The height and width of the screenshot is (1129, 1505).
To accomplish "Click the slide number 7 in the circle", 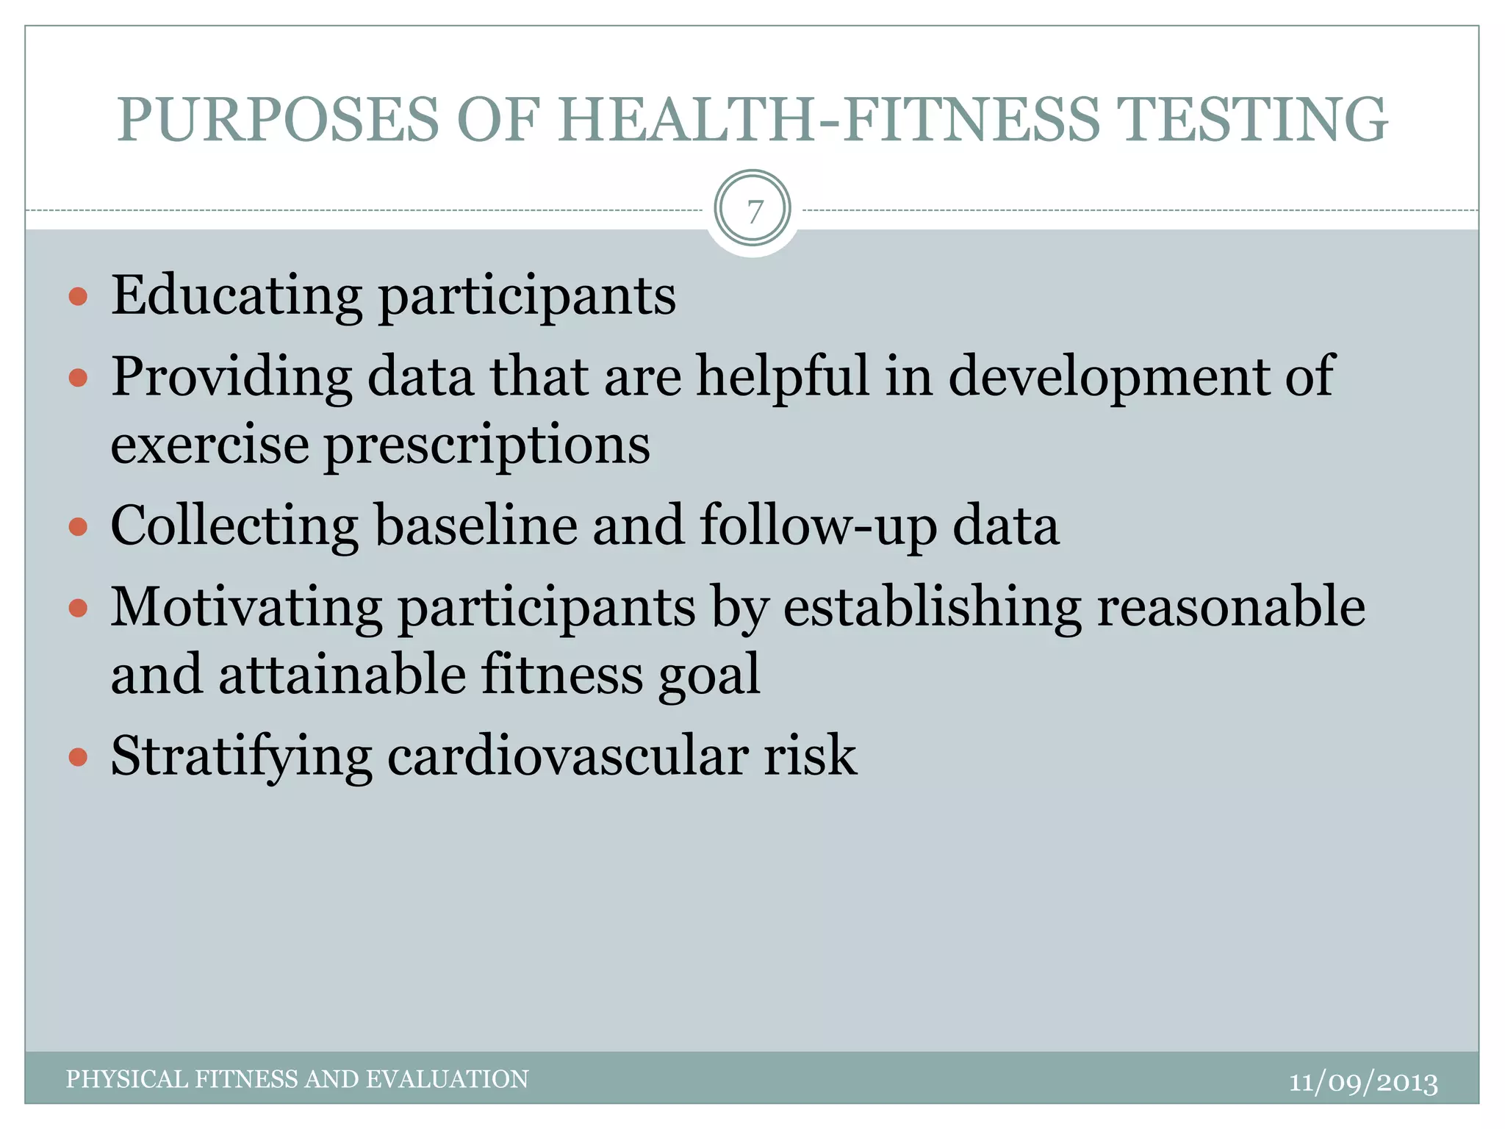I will (753, 212).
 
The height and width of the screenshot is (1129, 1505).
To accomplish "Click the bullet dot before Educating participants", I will (78, 297).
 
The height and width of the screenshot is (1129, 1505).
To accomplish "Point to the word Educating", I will (237, 295).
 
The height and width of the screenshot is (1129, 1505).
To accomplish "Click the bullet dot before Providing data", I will (78, 379).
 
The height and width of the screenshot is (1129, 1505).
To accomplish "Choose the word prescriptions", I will (487, 446).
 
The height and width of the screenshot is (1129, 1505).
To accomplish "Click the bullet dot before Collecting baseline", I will (78, 527).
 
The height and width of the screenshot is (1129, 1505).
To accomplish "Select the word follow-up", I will (818, 526).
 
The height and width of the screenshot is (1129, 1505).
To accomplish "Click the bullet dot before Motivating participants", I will (78, 609).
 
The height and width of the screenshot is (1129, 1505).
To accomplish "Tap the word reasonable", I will (1231, 607).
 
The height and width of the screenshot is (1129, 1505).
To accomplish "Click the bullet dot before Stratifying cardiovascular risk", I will (78, 757).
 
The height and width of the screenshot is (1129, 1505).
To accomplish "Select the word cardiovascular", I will (567, 756).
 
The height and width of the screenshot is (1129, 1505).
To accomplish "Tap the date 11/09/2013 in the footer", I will (1363, 1082).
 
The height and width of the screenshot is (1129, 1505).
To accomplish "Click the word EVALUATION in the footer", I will (447, 1079).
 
